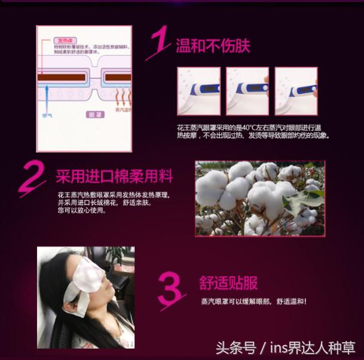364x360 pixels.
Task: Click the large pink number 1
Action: [159, 43]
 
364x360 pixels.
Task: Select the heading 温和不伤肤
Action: [213, 45]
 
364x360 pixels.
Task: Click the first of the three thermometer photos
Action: [198, 91]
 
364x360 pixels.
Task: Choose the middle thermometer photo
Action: [247, 91]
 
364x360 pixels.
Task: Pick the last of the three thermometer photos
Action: [296, 91]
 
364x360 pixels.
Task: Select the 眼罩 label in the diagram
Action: [96, 114]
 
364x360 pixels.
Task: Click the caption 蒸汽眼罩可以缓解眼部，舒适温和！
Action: [254, 301]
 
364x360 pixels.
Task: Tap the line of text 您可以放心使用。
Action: [80, 210]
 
